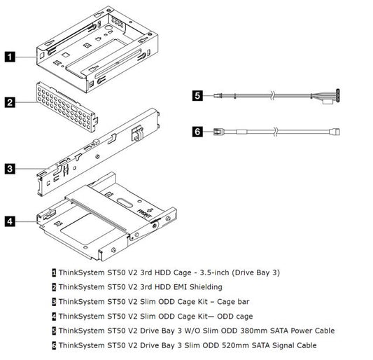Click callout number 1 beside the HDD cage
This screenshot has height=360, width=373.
10,55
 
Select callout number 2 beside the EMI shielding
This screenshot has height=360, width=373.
10,103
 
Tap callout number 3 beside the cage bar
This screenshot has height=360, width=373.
10,168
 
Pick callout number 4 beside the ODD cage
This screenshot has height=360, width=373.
10,221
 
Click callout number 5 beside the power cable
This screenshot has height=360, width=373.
198,95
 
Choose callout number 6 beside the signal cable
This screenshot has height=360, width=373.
198,130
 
